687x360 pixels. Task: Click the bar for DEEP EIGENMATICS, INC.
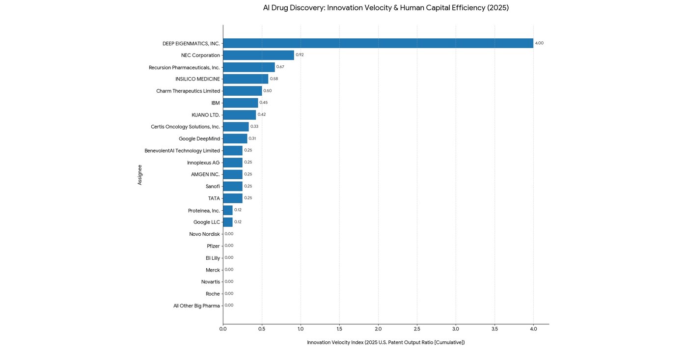[378, 43]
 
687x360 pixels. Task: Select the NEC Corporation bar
[258, 55]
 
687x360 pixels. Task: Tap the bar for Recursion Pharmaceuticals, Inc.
[248, 67]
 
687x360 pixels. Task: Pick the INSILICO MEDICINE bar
[246, 79]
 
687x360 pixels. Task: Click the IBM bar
[240, 103]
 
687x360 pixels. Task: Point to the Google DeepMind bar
[235, 138]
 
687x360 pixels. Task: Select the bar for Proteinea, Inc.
[227, 210]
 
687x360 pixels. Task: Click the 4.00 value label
[539, 43]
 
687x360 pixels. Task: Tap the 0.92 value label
[300, 55]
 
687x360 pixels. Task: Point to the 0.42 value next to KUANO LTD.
[261, 114]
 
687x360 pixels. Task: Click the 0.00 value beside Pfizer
[229, 246]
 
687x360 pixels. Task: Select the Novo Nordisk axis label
[204, 234]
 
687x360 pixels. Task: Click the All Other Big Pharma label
[196, 306]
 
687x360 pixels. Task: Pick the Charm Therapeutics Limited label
[188, 91]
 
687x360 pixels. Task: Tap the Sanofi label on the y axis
[213, 187]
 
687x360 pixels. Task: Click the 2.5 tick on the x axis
[417, 329]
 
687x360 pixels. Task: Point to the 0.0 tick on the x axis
[223, 329]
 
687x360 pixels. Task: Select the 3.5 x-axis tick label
[495, 329]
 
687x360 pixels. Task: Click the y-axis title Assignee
[140, 175]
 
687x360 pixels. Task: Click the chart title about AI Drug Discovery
[385, 8]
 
